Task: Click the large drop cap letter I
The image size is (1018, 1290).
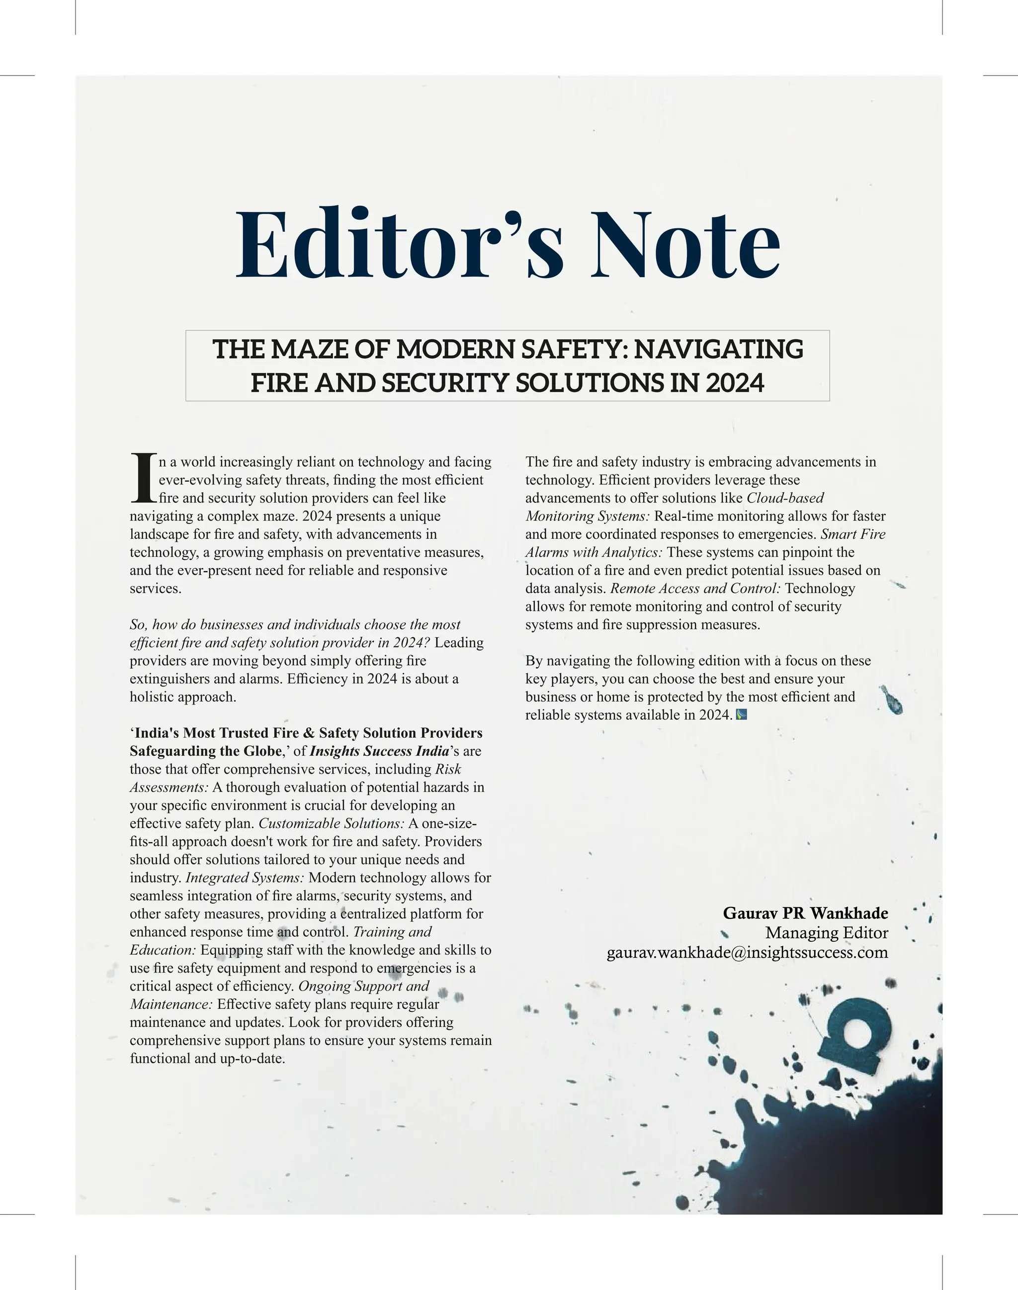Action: point(143,478)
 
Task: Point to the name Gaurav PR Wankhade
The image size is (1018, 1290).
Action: point(805,913)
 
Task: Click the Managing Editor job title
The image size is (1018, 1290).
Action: point(826,932)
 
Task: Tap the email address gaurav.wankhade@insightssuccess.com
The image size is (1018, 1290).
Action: point(747,952)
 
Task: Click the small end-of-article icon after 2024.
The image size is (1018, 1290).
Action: point(742,714)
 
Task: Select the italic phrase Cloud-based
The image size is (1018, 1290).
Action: point(785,497)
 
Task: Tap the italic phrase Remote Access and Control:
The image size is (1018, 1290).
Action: point(695,588)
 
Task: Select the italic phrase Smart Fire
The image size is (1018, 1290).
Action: point(853,534)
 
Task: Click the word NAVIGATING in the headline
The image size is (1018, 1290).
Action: point(718,349)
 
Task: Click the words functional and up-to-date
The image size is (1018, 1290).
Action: point(207,1059)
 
